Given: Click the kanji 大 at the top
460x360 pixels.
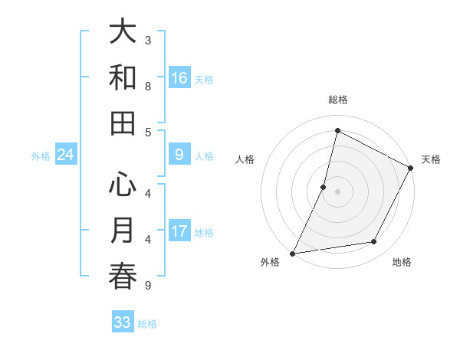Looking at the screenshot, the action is click(123, 32).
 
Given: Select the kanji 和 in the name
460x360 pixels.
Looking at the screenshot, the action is click(123, 78).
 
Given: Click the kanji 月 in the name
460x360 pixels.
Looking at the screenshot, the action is click(123, 231).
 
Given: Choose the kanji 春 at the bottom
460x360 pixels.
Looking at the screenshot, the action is click(123, 277).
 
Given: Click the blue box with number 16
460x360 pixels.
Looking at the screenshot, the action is click(179, 78).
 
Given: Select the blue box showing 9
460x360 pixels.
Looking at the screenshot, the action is click(179, 155).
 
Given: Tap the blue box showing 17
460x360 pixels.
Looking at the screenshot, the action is click(179, 232).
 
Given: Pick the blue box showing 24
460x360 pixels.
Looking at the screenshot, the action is click(66, 155).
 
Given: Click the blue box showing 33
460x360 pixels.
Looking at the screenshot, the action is click(123, 322).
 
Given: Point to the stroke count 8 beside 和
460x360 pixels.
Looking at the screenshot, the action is click(148, 86).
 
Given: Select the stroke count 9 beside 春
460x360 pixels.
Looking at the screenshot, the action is click(148, 286).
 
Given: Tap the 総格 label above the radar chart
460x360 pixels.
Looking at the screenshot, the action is click(337, 100).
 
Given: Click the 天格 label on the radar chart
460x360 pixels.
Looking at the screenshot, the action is click(432, 159).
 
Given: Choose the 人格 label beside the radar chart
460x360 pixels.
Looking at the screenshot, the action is click(245, 159).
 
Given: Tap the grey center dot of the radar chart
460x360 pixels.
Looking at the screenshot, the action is click(337, 191).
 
